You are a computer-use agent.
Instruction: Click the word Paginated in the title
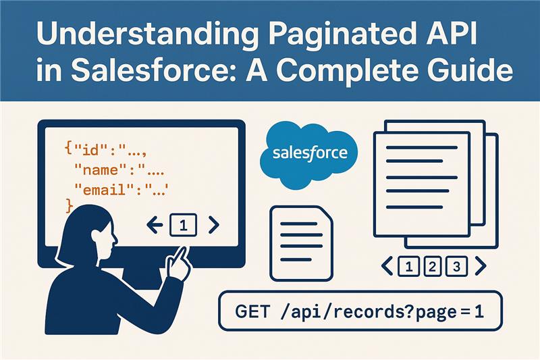click(340, 35)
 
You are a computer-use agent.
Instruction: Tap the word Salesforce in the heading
click(154, 70)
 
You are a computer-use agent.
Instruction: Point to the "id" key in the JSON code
click(90, 150)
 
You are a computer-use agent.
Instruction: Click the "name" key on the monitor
click(101, 170)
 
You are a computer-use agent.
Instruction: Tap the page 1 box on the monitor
click(184, 226)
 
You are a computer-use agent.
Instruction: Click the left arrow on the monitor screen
click(155, 226)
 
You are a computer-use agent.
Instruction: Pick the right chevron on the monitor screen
click(214, 225)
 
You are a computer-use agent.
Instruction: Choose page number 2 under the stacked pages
click(433, 267)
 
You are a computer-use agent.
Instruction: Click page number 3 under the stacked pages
click(457, 267)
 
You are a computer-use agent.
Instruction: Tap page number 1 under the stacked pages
click(409, 267)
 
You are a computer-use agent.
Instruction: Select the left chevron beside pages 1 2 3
click(387, 266)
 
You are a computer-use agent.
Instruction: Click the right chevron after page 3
click(481, 266)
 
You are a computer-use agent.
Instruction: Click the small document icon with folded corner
click(302, 243)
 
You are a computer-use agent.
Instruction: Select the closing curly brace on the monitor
click(70, 206)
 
